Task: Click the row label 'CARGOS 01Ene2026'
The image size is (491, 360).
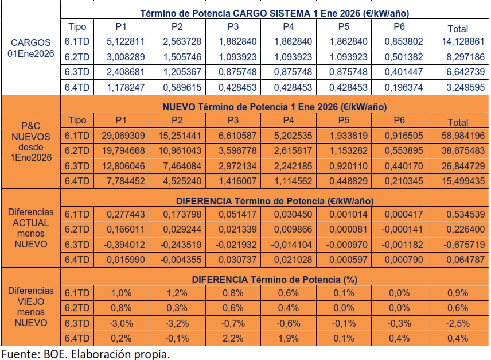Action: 31,48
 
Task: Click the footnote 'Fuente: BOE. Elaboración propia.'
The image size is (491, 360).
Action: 86,353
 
